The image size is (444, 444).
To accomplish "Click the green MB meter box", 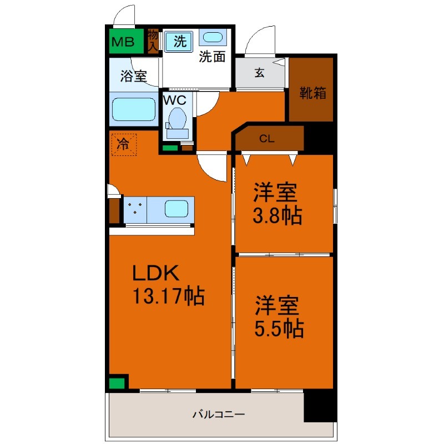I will (x=126, y=41).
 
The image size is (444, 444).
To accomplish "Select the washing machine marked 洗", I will (x=179, y=41).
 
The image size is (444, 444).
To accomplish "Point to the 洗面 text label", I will (x=212, y=57).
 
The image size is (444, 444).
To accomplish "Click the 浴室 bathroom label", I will (x=134, y=76).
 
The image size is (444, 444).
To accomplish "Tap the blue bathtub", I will (x=134, y=110).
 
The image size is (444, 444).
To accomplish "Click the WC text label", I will (x=175, y=100).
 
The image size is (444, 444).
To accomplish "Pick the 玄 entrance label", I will (x=259, y=72).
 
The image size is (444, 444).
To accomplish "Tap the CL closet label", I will (x=267, y=139).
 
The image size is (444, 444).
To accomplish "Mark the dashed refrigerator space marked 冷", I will (x=123, y=145).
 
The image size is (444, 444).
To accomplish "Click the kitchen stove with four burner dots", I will (x=135, y=210).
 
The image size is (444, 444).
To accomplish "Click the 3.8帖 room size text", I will (x=277, y=215).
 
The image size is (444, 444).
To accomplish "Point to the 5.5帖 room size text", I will (x=279, y=329).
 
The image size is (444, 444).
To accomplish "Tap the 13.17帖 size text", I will (x=168, y=296).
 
